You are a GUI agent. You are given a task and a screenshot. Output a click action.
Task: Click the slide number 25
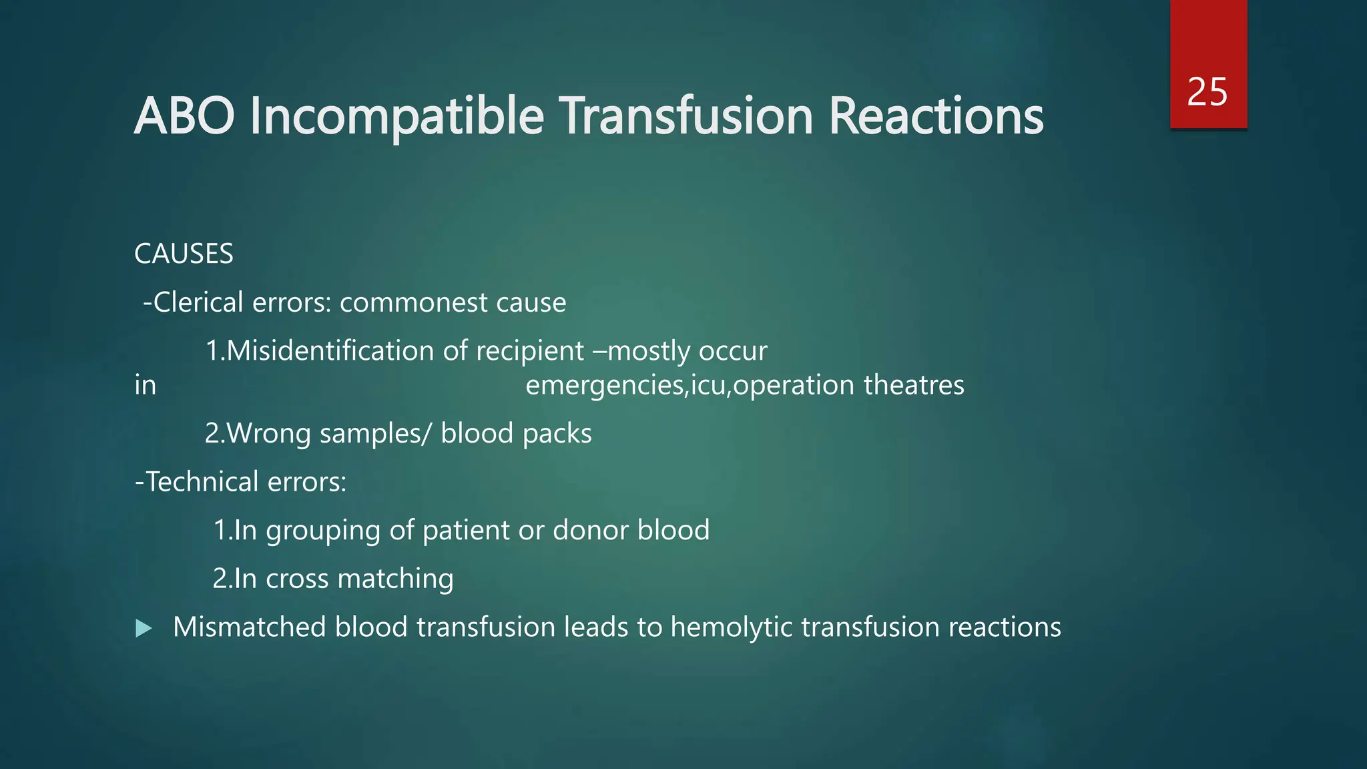(x=1207, y=91)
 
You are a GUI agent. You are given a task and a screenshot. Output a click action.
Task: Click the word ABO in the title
(x=184, y=116)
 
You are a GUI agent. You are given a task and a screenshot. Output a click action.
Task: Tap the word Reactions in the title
(x=936, y=116)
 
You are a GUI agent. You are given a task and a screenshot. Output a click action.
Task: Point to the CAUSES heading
(x=184, y=254)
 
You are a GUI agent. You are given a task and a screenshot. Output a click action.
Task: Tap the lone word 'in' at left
(x=145, y=385)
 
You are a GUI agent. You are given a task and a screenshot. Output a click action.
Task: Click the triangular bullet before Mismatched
(x=144, y=628)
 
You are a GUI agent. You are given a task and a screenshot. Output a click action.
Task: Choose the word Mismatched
(x=250, y=627)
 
